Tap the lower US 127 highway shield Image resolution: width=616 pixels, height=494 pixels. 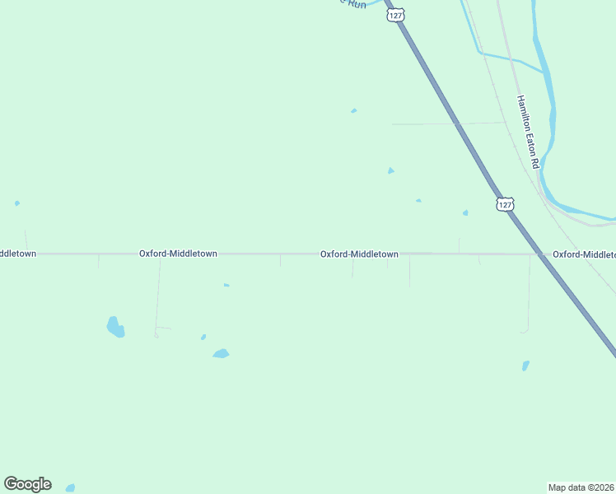(505, 203)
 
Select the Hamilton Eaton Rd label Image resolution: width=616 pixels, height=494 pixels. (527, 133)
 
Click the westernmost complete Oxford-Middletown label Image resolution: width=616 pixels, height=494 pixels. (178, 254)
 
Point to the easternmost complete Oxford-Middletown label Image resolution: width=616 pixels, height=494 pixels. (359, 254)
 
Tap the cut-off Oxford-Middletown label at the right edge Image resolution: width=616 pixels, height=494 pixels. (584, 254)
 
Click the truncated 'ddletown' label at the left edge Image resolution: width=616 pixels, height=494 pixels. (17, 254)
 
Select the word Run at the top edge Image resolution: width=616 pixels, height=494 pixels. (357, 4)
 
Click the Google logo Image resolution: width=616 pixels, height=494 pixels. (27, 484)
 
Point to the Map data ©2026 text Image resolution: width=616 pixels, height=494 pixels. (581, 487)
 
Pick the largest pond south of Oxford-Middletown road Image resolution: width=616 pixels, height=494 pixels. (115, 327)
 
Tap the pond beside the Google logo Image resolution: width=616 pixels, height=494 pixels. (70, 488)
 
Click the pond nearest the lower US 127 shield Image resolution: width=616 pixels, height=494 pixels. (465, 212)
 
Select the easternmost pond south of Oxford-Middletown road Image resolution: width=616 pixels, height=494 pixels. (525, 365)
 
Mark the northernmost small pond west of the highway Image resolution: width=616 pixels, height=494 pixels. (354, 110)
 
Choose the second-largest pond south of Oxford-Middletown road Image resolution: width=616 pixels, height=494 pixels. (221, 353)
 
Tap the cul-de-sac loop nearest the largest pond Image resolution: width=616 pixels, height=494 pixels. (156, 333)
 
